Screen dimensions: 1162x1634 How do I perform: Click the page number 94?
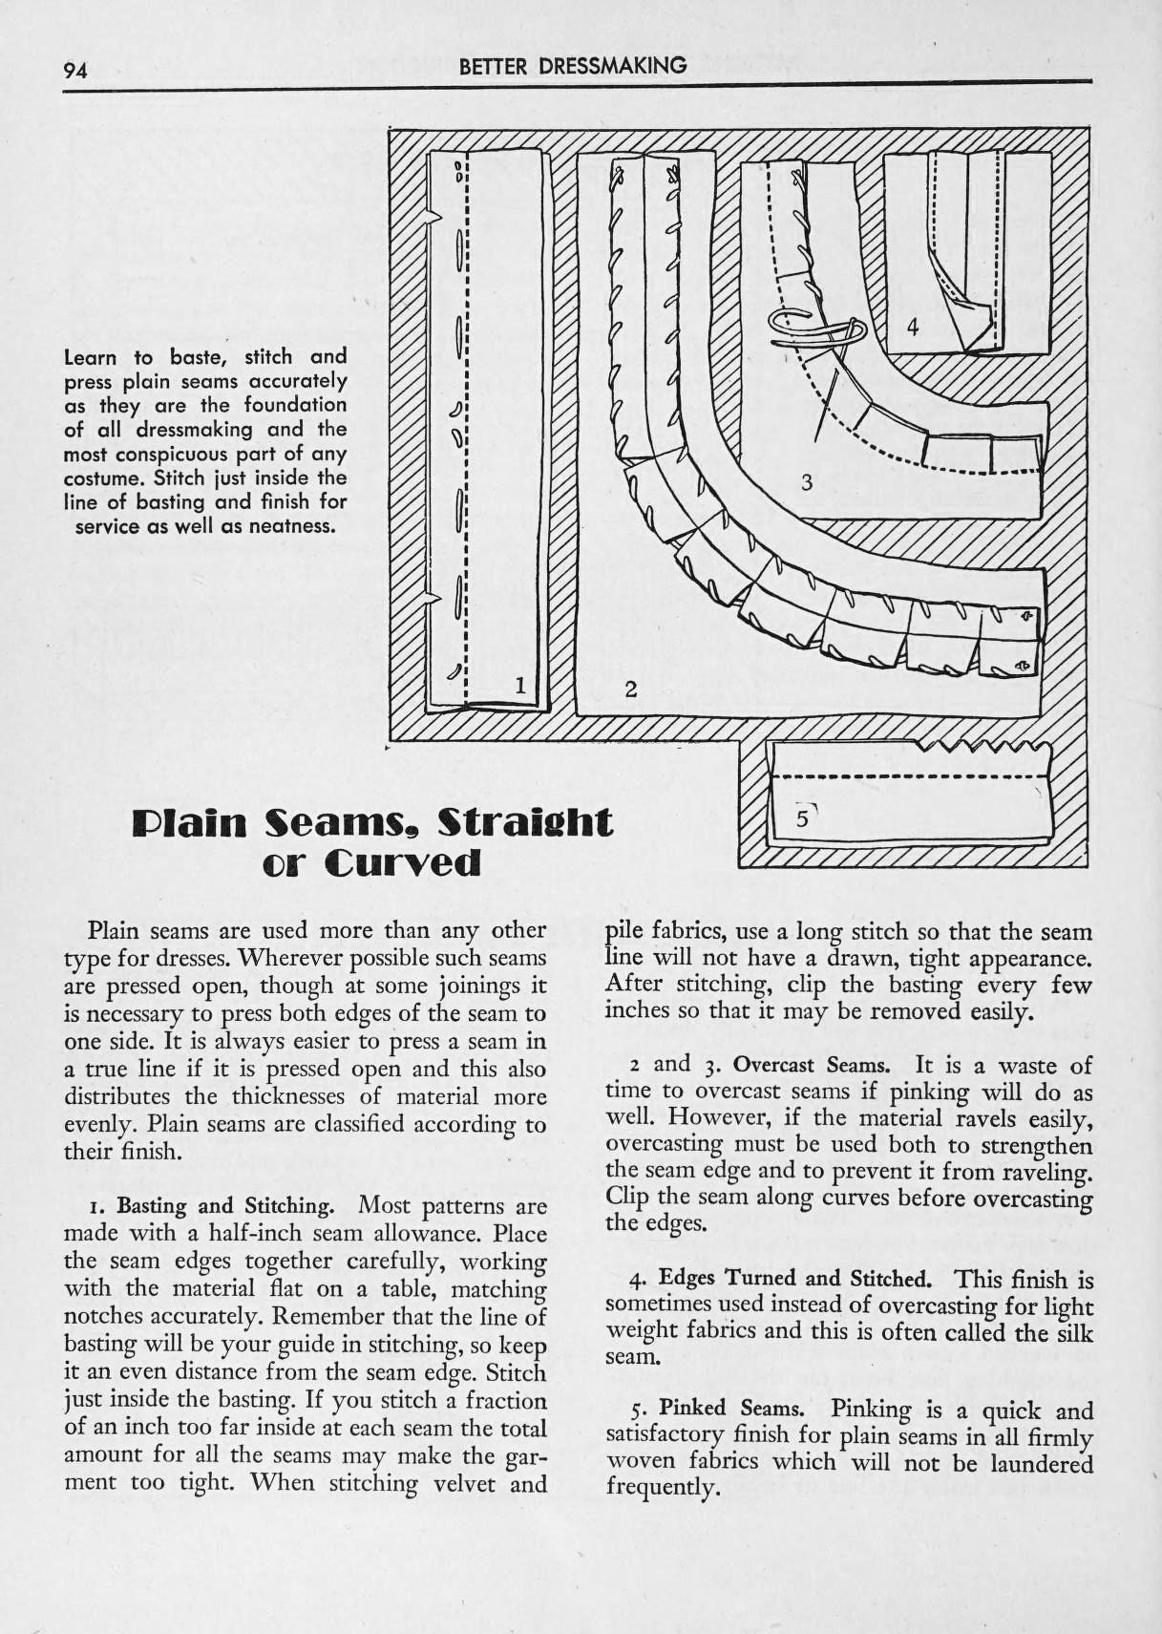pyautogui.click(x=75, y=71)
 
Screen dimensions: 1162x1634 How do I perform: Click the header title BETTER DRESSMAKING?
pyautogui.click(x=573, y=67)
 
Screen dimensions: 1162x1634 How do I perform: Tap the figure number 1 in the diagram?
pyautogui.click(x=520, y=685)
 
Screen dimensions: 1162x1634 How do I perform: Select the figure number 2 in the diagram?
pyautogui.click(x=632, y=689)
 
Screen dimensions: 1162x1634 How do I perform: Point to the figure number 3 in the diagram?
pyautogui.click(x=806, y=482)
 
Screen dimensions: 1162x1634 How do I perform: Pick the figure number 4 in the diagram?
pyautogui.click(x=912, y=329)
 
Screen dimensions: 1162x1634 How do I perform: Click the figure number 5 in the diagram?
pyautogui.click(x=802, y=818)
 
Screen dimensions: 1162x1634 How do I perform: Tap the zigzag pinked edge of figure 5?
pyautogui.click(x=982, y=747)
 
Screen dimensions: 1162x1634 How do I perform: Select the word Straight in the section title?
pyautogui.click(x=524, y=822)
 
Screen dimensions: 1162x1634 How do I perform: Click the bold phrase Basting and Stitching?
pyautogui.click(x=225, y=1206)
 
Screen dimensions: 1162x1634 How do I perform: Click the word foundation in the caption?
pyautogui.click(x=295, y=405)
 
